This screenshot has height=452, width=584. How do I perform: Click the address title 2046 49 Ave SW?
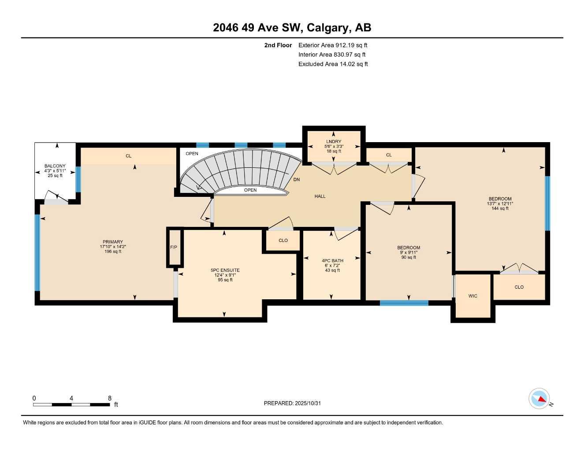[x=292, y=28]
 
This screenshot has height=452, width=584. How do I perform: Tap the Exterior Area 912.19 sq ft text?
[x=332, y=45]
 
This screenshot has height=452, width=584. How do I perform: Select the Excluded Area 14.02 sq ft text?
[x=333, y=64]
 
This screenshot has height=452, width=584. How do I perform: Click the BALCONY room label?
[x=55, y=166]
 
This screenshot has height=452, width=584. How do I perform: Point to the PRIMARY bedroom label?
[x=113, y=242]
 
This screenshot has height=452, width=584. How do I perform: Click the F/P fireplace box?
[x=174, y=247]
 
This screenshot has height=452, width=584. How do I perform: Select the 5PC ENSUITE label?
[x=225, y=270]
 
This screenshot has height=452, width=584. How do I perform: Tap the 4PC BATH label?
[x=332, y=261]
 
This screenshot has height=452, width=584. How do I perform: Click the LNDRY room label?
[x=334, y=142]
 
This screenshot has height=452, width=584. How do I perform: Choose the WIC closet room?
[x=472, y=296]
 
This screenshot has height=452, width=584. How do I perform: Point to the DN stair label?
[x=297, y=180]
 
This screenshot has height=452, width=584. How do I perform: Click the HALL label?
[x=320, y=196]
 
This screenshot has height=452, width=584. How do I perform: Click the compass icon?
[x=539, y=399]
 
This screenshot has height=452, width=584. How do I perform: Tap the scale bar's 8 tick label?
[x=110, y=398]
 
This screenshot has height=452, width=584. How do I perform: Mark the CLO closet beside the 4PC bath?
[x=283, y=241]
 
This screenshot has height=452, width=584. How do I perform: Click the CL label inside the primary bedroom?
[x=128, y=156]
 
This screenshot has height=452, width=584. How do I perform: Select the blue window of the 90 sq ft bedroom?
[x=404, y=303]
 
